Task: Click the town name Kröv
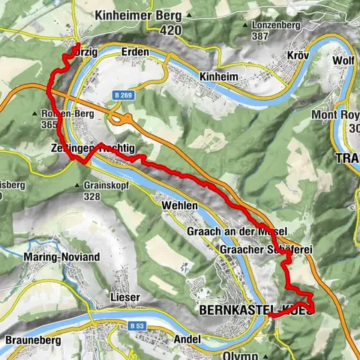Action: (x=298, y=56)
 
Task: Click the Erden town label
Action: (x=136, y=52)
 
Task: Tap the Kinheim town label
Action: (x=219, y=76)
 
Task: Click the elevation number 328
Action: (x=92, y=196)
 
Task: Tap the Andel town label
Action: (x=186, y=340)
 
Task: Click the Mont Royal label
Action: (x=335, y=115)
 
